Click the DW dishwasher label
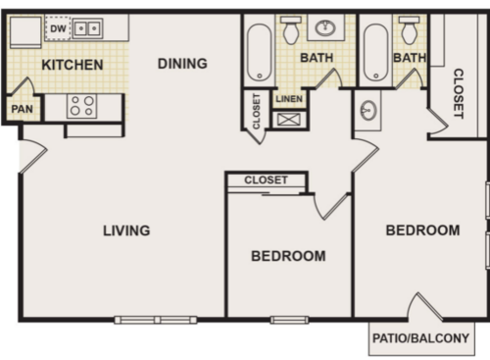pos(58,28)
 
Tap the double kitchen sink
pos(88,29)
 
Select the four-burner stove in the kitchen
pos(81,106)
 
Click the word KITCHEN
pos(73,66)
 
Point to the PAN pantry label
pos(21,110)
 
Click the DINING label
pos(183,64)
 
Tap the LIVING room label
pos(126,231)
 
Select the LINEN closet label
pos(289,99)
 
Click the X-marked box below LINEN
pos(289,120)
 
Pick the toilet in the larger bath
pos(291,30)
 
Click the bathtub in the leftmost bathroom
pos(259,51)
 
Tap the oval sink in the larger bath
pos(324,27)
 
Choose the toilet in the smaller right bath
pos(410,30)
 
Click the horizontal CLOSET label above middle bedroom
pos(266,180)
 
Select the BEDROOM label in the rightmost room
pos(422,231)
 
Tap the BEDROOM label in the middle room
pos(288,256)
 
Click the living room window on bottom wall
pos(155,320)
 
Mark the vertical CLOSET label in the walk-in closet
pos(458,94)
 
